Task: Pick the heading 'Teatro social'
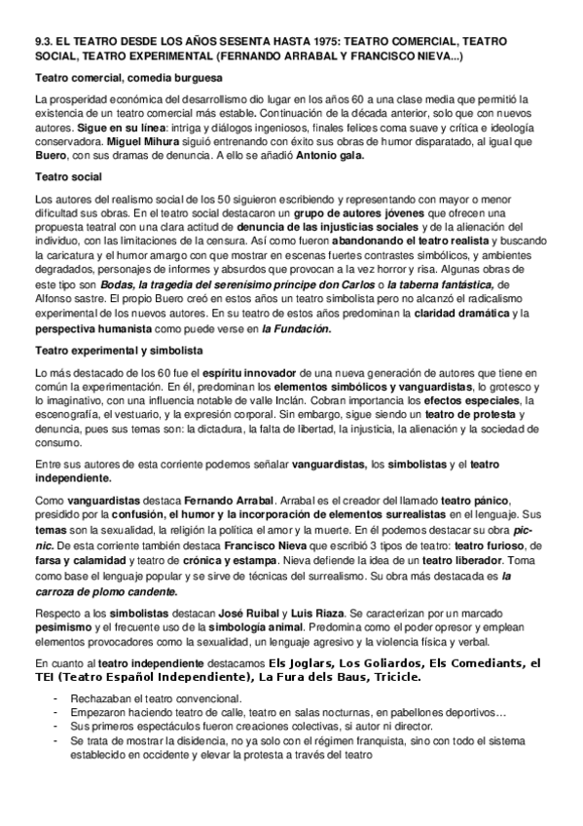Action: [68, 176]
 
